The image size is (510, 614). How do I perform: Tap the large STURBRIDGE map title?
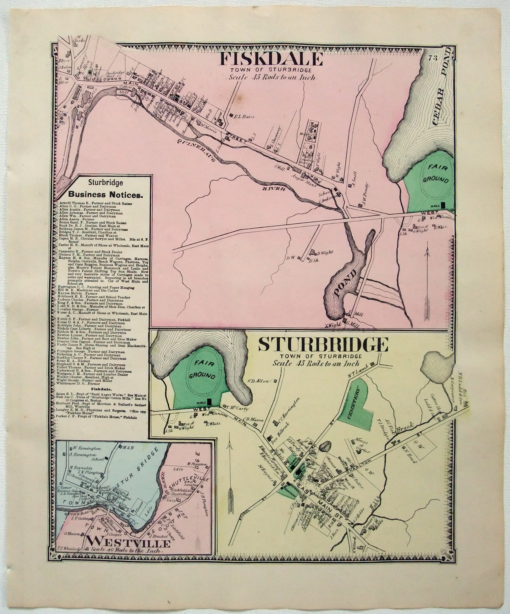click(323, 345)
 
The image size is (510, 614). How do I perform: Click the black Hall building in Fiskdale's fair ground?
click(443, 205)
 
